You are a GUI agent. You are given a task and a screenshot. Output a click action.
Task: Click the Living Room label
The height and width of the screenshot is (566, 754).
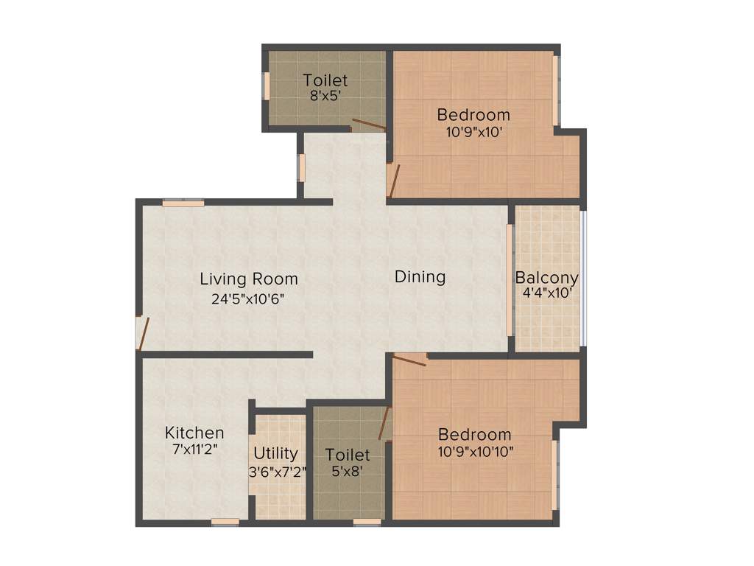[x=249, y=279]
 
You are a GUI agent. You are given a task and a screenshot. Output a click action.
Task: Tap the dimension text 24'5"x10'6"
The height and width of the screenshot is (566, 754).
[x=249, y=298]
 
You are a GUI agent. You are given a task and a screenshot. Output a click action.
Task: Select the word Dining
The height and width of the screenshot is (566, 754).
[x=420, y=277]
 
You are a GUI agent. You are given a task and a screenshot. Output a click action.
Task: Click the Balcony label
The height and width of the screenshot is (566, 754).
[x=546, y=279]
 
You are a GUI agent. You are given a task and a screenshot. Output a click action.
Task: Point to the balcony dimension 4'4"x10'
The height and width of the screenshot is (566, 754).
[x=546, y=293]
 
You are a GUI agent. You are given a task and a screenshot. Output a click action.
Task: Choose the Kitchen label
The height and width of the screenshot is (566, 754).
[x=194, y=433]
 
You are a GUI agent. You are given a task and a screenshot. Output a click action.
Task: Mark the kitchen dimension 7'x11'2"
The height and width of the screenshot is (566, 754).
[x=194, y=448]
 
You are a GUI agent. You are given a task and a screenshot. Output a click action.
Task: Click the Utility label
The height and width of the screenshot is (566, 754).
[x=275, y=453]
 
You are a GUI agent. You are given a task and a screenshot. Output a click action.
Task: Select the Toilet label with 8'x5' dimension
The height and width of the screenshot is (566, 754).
[x=325, y=80]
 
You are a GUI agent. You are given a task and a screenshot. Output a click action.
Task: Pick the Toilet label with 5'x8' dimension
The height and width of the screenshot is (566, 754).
[x=348, y=455]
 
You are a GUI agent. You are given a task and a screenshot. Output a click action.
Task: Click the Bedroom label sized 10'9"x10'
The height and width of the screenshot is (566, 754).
[x=473, y=115]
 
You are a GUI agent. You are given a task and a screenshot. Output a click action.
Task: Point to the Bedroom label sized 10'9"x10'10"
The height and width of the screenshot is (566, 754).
[x=474, y=434]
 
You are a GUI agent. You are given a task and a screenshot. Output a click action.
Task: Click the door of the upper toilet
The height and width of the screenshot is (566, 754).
[x=368, y=124]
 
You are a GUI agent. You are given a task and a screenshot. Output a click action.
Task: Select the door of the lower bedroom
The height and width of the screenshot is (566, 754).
[x=409, y=360]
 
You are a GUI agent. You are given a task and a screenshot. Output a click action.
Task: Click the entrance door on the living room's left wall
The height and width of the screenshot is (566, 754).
[x=142, y=334]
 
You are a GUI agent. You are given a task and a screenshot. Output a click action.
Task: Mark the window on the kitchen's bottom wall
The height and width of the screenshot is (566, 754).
[x=225, y=523]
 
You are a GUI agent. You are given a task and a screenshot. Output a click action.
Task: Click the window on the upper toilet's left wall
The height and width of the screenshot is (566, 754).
[x=267, y=85]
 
